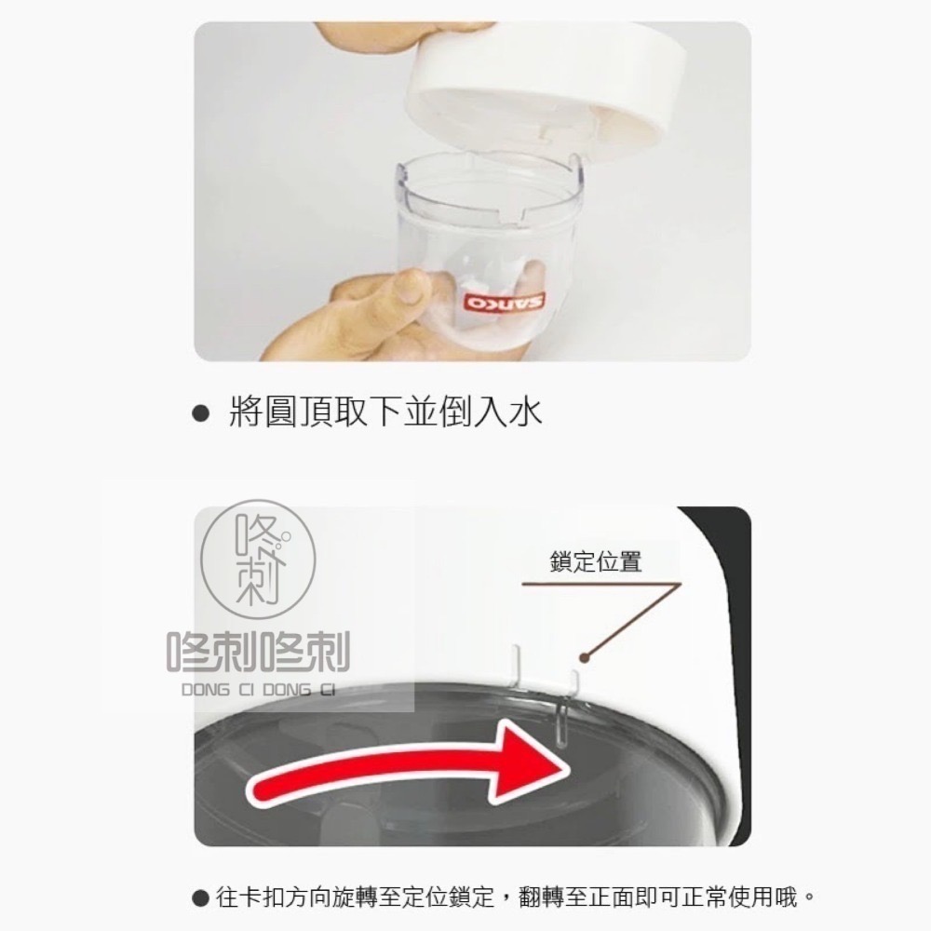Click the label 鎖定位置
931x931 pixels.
[596, 562]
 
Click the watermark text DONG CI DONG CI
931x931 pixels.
[258, 691]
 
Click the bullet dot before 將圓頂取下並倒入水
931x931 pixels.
[198, 412]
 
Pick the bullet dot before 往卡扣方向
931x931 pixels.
[198, 899]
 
